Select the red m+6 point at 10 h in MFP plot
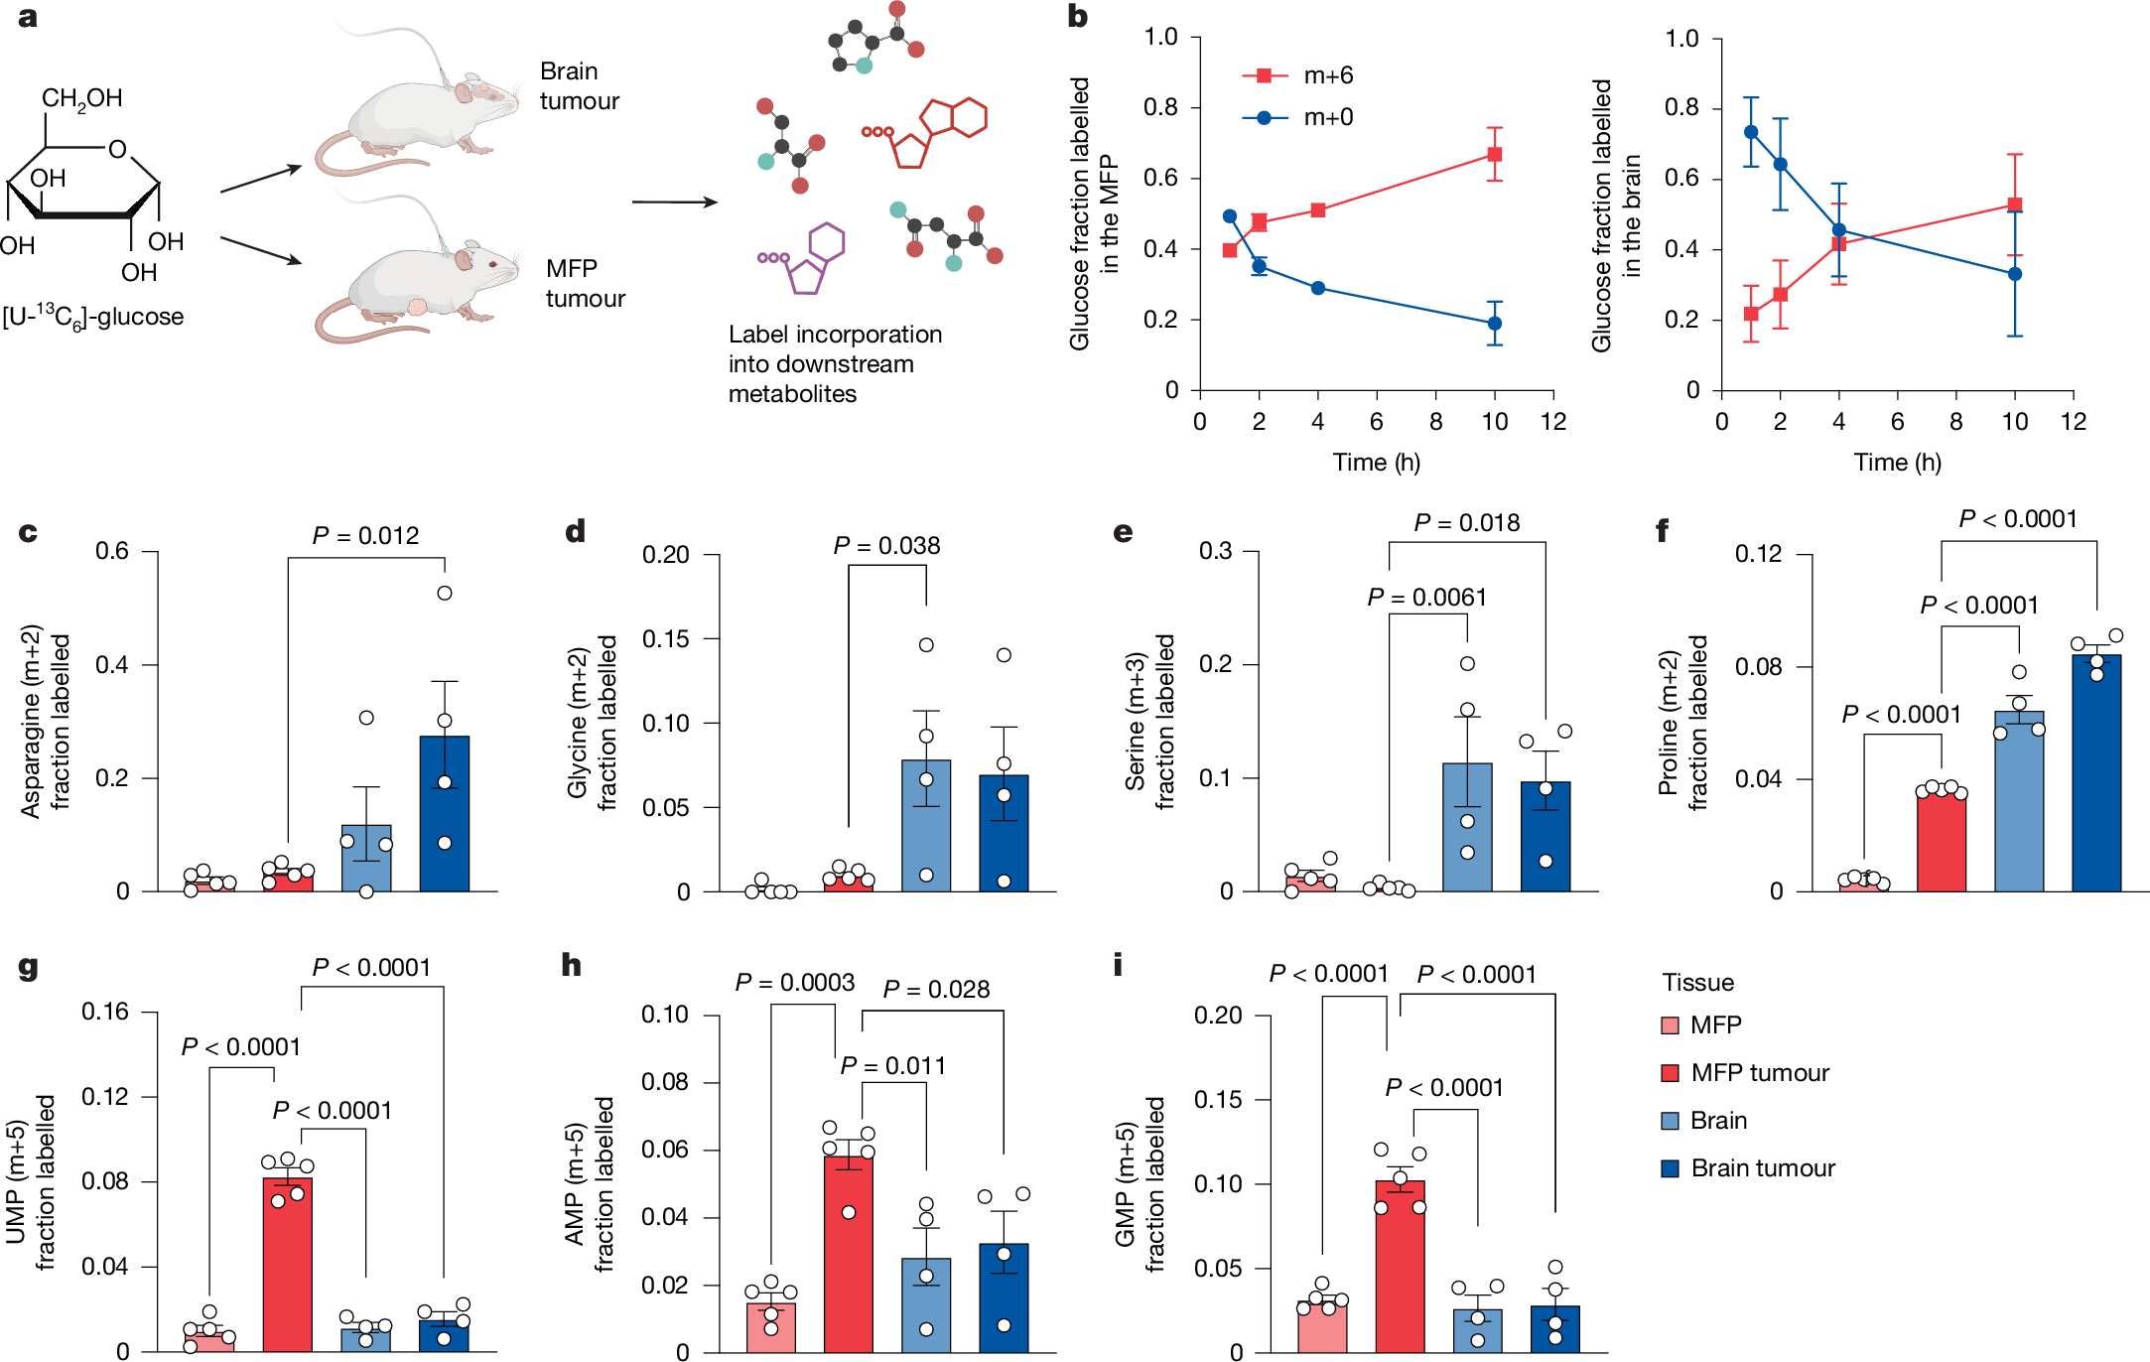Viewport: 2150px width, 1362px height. [1494, 154]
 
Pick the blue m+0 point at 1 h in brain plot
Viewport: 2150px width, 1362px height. [1751, 132]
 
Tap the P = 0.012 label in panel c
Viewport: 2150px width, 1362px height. [365, 536]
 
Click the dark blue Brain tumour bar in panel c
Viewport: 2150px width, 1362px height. [445, 814]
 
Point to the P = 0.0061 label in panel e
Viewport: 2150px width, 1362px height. [1426, 598]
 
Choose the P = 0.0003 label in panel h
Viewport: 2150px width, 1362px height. [794, 983]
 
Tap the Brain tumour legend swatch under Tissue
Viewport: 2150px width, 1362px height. [1671, 1168]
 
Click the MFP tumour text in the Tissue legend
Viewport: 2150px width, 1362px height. [1759, 1073]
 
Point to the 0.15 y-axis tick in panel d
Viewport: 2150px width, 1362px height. [665, 639]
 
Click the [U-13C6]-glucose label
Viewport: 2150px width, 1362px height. [93, 318]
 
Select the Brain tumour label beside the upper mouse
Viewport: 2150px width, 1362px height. [579, 86]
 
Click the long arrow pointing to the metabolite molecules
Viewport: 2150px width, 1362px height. [675, 203]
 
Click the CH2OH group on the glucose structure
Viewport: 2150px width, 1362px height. [81, 98]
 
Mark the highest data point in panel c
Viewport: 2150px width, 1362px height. [445, 593]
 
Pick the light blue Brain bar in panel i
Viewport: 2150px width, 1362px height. [1477, 1330]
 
